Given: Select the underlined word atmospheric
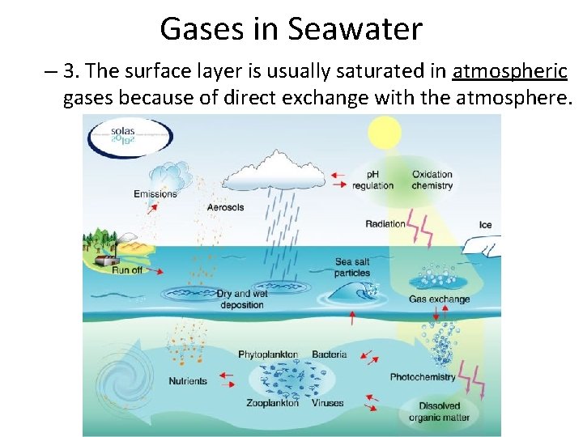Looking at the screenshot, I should click(x=509, y=71).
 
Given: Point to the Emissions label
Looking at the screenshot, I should click(x=155, y=194).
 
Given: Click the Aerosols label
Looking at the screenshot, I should click(x=225, y=207).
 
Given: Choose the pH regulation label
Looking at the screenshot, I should click(x=372, y=180).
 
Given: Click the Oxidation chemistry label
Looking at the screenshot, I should click(x=432, y=180).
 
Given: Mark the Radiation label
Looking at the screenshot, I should click(x=385, y=224).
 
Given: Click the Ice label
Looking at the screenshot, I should click(x=486, y=224).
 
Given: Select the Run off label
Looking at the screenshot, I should click(x=127, y=269).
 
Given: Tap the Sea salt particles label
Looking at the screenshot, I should click(x=352, y=267).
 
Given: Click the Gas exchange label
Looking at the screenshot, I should click(x=439, y=299).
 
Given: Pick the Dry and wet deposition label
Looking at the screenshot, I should click(x=242, y=299).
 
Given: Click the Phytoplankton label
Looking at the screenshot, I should click(x=268, y=354).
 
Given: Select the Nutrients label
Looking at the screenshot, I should click(x=188, y=381).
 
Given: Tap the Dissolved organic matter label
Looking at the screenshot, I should click(x=439, y=411).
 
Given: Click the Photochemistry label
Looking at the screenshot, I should click(x=423, y=377).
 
